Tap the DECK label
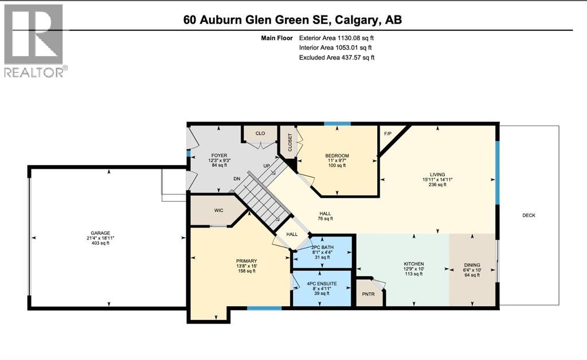tap(529, 215)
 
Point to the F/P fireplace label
tap(388, 133)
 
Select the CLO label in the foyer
tap(260, 133)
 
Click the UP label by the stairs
tap(267, 166)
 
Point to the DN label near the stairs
tap(236, 178)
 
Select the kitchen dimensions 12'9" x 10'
tap(413, 269)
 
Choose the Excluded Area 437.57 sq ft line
tap(337, 57)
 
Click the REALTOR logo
tap(34, 40)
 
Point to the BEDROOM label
tap(337, 156)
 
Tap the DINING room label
tap(472, 265)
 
